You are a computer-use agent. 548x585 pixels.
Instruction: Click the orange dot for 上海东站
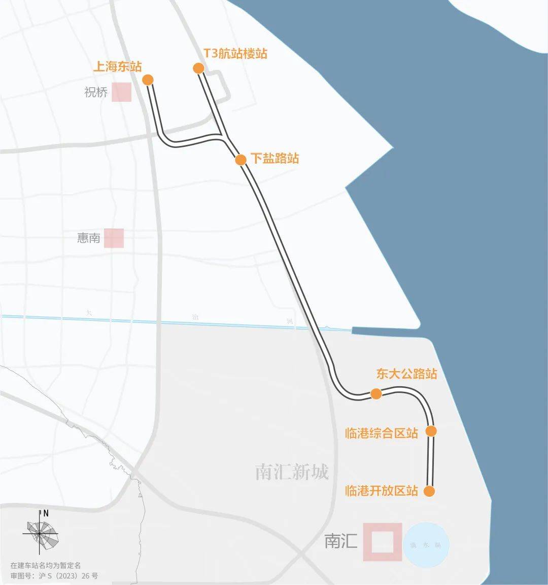[148, 80]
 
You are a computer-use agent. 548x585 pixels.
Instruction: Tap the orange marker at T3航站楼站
[198, 68]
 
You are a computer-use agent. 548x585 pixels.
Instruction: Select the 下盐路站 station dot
[241, 160]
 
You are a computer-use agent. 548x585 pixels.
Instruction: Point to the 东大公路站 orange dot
[376, 394]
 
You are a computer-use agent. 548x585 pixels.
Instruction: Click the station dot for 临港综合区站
[431, 431]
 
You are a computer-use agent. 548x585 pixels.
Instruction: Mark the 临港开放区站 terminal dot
[429, 491]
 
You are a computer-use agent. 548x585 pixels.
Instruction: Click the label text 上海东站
[117, 66]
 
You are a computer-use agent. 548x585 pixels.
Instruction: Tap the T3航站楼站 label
[235, 54]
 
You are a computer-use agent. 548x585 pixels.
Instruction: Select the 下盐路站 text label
[275, 158]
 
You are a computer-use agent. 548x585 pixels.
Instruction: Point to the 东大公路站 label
[406, 374]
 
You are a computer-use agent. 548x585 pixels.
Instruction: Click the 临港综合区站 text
[382, 433]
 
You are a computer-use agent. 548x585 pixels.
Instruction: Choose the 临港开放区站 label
[382, 491]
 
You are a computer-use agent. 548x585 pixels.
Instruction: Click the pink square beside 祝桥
[122, 93]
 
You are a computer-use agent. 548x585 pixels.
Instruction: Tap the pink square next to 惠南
[114, 238]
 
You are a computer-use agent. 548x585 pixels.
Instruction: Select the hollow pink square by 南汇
[383, 542]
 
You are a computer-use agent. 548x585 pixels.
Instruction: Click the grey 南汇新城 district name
[292, 472]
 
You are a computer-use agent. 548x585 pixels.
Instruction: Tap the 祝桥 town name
[96, 93]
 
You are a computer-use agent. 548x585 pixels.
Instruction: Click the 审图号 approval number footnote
[54, 576]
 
